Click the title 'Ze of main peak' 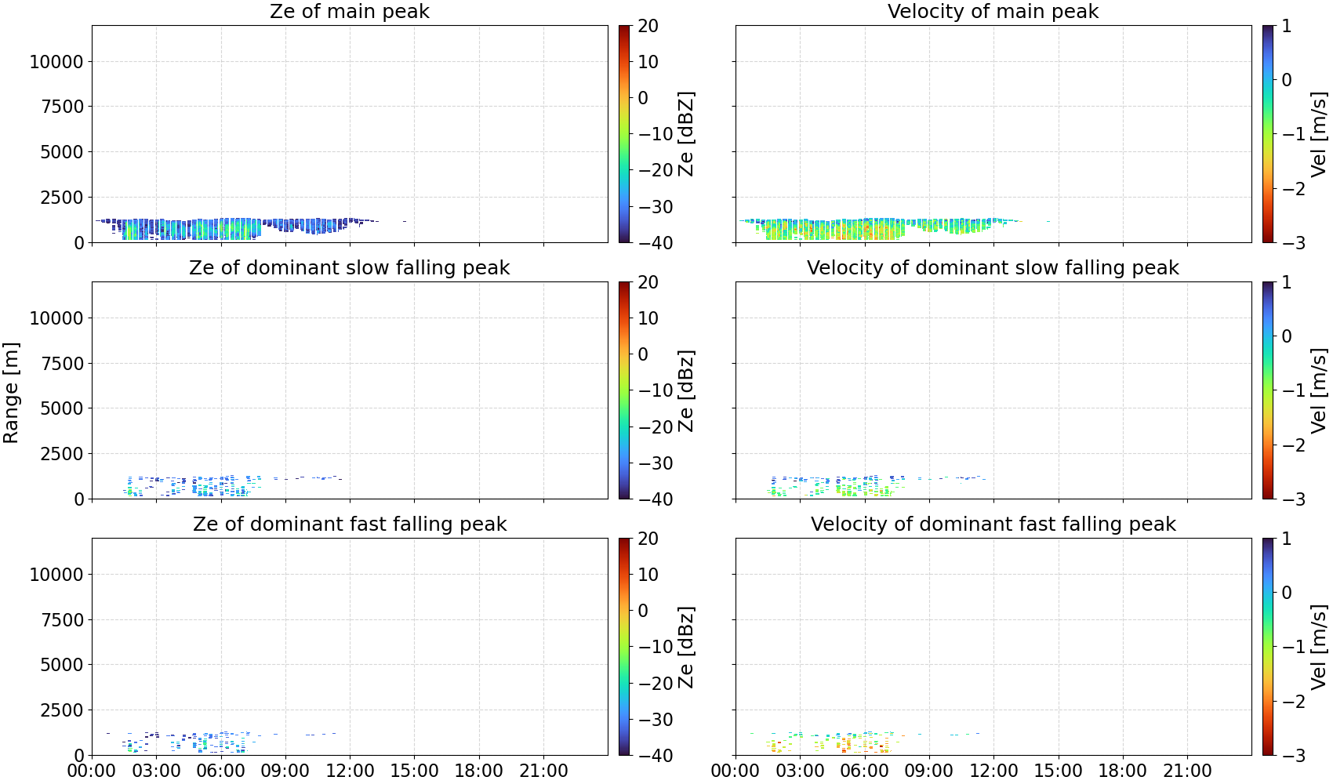click(x=349, y=11)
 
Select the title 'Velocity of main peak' click(x=993, y=11)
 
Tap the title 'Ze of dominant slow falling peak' click(x=349, y=267)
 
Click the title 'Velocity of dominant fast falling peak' click(x=993, y=524)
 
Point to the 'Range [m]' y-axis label click(x=11, y=393)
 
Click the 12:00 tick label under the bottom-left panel click(x=350, y=771)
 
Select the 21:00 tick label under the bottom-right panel click(x=1187, y=771)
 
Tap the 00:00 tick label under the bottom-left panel click(x=92, y=771)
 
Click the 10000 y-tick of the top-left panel click(x=56, y=61)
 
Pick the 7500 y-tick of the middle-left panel click(x=62, y=363)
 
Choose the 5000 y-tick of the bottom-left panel click(x=62, y=664)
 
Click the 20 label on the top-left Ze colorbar click(x=648, y=26)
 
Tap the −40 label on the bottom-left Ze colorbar click(x=653, y=756)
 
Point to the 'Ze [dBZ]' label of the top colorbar click(x=686, y=134)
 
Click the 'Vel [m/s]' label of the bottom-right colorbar click(x=1319, y=647)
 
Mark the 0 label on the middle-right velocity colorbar click(x=1287, y=336)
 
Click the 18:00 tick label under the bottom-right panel click(x=1122, y=771)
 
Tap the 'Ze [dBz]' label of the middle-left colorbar click(x=686, y=390)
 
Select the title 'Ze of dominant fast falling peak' click(x=349, y=524)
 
